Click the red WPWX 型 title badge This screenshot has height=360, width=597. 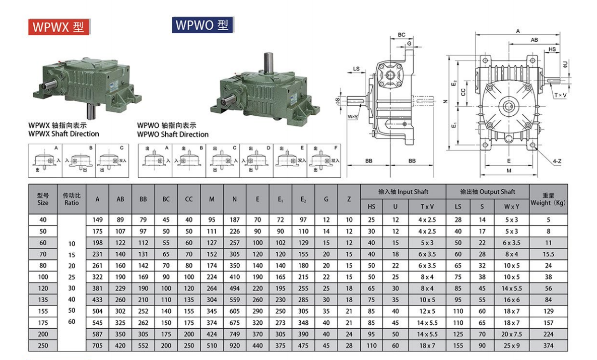pos(59,27)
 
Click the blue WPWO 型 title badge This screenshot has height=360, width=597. pos(203,25)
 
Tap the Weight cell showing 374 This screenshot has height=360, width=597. pos(548,345)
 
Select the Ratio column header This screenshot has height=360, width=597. pos(72,199)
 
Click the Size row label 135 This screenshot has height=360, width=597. pos(43,300)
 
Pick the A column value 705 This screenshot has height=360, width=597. pos(97,345)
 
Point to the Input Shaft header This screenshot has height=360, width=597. pos(403,192)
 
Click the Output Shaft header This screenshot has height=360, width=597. pos(488,192)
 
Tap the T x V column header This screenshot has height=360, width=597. pos(427,206)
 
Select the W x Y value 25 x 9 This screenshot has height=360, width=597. pos(511,345)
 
